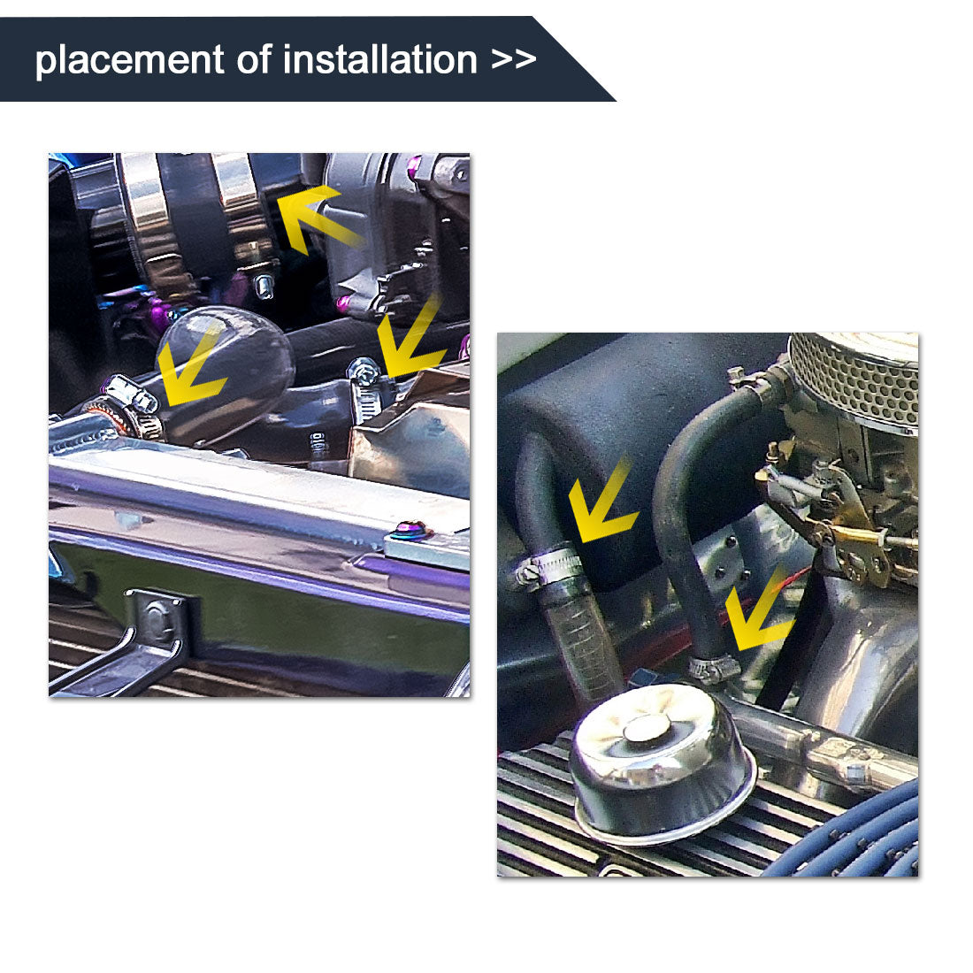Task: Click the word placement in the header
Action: (x=129, y=60)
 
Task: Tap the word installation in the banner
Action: (x=380, y=60)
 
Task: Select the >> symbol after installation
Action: (x=514, y=60)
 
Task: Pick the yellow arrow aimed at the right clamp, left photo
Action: (x=411, y=341)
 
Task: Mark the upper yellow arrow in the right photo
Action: (x=601, y=504)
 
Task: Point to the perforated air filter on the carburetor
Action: (x=854, y=376)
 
